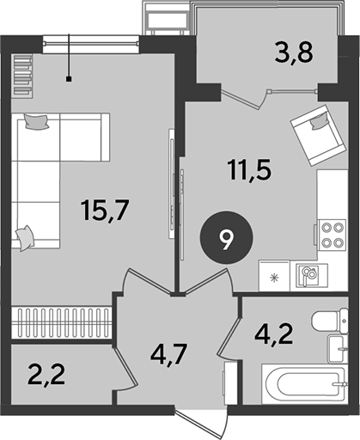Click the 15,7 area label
click(106, 211)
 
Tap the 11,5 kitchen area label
click(249, 170)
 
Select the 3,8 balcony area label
click(294, 52)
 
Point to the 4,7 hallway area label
click(169, 355)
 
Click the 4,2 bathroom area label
click(274, 336)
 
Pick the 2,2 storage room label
click(46, 375)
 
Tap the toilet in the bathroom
click(330, 321)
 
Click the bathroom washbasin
click(338, 349)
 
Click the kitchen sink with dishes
click(309, 275)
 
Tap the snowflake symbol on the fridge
click(275, 278)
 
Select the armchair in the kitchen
click(319, 135)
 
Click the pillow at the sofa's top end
click(36, 121)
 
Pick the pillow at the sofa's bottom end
click(25, 238)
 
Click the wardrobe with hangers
click(61, 322)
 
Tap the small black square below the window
click(69, 79)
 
